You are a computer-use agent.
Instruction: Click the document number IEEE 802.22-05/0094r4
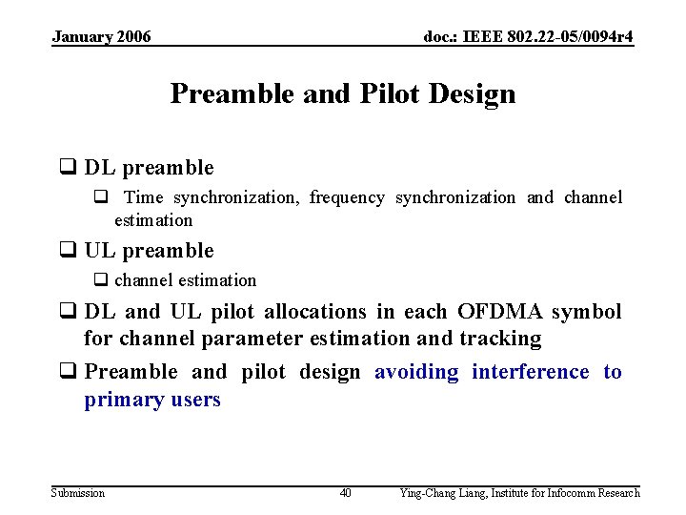point(529,36)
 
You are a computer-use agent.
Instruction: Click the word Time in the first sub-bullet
point(143,197)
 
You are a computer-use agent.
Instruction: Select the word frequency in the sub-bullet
point(347,197)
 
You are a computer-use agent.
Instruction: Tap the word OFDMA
point(500,312)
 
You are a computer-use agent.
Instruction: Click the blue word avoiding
point(416,372)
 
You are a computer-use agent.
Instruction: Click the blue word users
point(194,400)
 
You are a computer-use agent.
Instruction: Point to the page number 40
point(345,493)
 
